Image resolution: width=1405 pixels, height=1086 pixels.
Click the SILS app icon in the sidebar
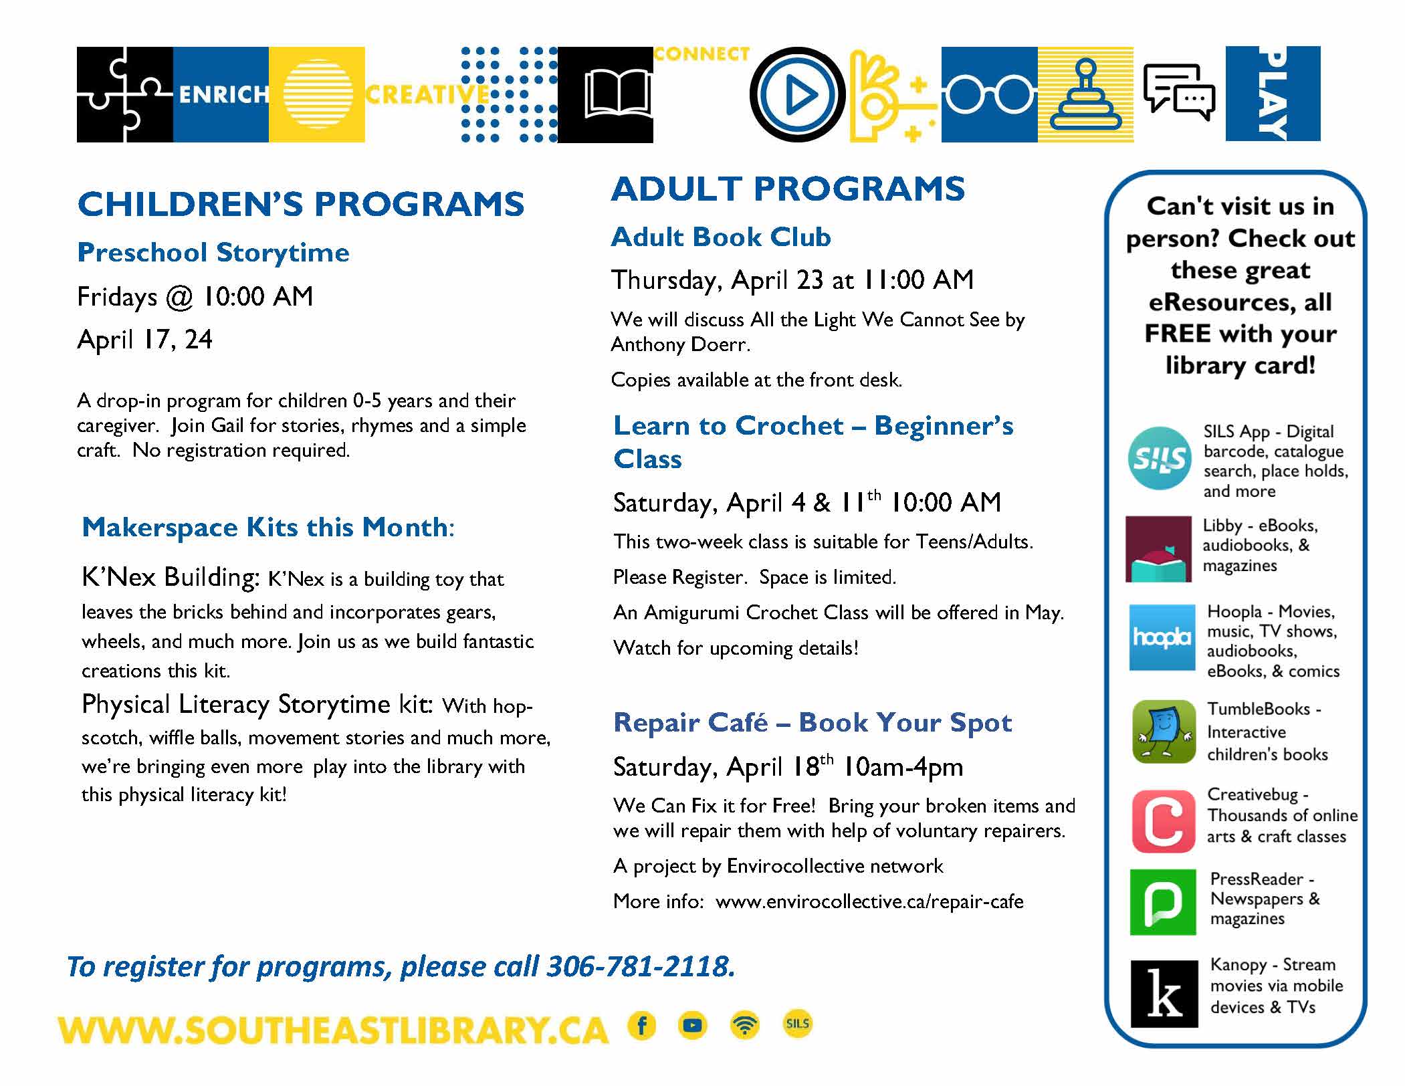(1159, 458)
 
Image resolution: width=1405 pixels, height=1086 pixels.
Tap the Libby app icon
(1158, 548)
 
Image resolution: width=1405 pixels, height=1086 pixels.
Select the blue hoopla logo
(1162, 637)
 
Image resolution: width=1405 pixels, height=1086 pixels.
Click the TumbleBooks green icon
(1164, 732)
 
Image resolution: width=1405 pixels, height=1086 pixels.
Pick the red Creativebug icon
(1163, 821)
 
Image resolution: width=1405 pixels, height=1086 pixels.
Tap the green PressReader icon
(1162, 901)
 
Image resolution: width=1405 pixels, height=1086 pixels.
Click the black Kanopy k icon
(1164, 994)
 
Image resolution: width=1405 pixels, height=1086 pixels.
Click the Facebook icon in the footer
(642, 1025)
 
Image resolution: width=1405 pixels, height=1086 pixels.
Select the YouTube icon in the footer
(693, 1025)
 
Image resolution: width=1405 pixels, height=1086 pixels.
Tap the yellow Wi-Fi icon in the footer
(745, 1025)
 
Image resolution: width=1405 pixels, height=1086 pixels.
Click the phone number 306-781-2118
(641, 966)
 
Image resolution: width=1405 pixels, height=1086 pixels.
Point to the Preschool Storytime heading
(213, 253)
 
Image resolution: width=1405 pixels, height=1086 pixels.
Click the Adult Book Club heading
(721, 237)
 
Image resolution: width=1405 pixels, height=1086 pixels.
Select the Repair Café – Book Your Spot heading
(813, 722)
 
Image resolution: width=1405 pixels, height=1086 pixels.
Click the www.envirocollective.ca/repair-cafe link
(869, 901)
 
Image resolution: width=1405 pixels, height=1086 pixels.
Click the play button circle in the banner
(797, 94)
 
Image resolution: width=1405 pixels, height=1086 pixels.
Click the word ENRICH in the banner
(223, 95)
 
